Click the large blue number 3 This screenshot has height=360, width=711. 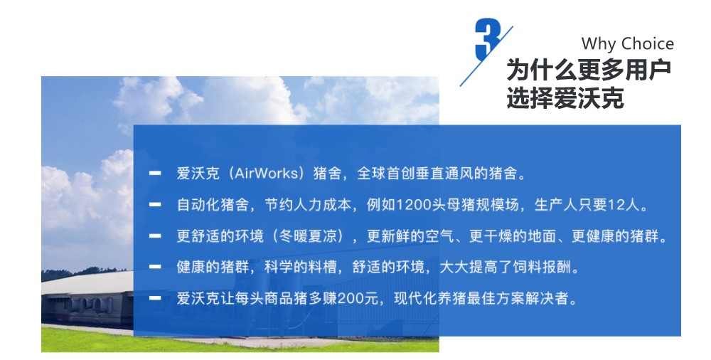[488, 40]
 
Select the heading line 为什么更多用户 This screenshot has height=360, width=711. [589, 70]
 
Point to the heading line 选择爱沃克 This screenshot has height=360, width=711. [565, 97]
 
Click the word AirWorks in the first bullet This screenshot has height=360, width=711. [268, 174]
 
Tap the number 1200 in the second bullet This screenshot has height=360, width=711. [413, 205]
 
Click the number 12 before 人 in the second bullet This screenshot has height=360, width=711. [616, 205]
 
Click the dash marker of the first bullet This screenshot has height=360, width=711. [155, 173]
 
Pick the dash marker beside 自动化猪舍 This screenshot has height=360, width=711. [155, 204]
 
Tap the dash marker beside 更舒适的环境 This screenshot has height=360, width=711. [155, 235]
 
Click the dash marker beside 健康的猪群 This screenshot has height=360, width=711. [155, 267]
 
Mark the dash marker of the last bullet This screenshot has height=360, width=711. [155, 298]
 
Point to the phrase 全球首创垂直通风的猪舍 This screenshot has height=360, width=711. [437, 174]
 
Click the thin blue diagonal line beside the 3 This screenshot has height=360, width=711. [486, 56]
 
